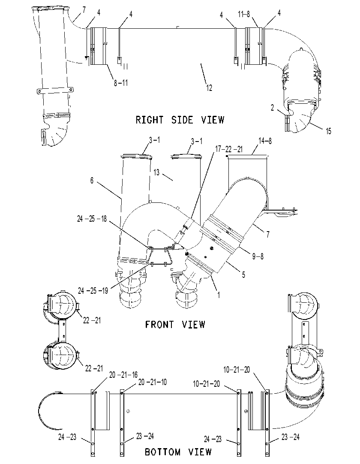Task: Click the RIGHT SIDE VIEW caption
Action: (180, 120)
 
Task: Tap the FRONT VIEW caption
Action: (175, 325)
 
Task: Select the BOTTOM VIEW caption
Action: (178, 452)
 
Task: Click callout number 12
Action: (209, 88)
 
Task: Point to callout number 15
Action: (329, 131)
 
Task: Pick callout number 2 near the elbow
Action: (273, 108)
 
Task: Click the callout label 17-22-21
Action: (229, 149)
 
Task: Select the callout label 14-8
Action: (265, 141)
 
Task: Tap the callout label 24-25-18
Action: (92, 219)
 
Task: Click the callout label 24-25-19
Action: (93, 291)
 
